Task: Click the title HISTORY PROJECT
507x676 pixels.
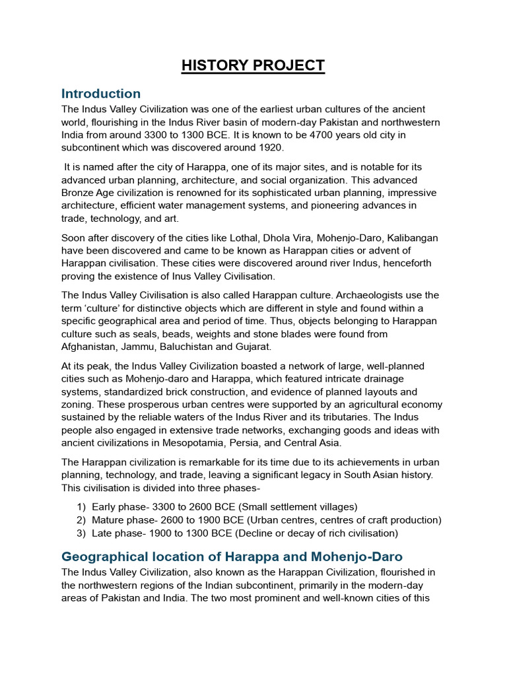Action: [x=253, y=65]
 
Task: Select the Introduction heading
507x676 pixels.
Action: [x=100, y=93]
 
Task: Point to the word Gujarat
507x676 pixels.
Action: [x=250, y=347]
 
